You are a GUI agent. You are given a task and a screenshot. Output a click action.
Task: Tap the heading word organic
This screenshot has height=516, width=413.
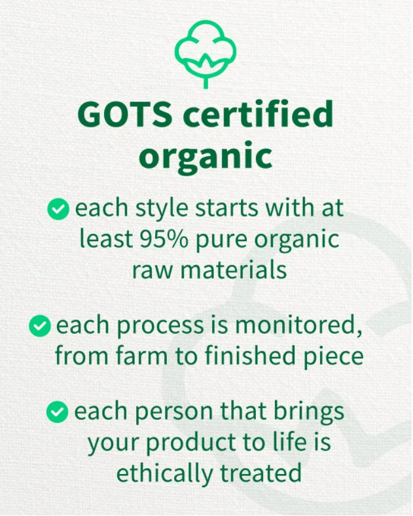coord(206,156)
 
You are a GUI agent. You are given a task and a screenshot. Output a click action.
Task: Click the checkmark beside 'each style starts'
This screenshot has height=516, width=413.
coord(59,209)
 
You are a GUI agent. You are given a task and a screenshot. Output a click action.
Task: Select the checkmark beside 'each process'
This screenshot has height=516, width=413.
coord(40,325)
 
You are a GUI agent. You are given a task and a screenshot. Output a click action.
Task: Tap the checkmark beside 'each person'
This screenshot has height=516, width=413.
coord(59,412)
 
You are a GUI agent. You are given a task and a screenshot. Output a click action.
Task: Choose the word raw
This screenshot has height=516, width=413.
coord(150,269)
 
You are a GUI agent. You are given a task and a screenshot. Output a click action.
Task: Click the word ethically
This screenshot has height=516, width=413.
coord(160,473)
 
